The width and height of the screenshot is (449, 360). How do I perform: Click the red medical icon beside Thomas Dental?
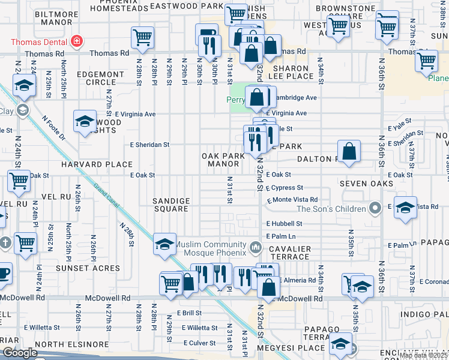(77, 41)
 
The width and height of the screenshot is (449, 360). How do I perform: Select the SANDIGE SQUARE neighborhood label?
(171, 205)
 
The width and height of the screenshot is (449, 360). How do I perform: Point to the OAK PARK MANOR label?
(224, 159)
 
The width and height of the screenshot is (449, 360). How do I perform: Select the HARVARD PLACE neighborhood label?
(96, 164)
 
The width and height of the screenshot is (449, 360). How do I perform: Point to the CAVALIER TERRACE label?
(289, 253)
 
